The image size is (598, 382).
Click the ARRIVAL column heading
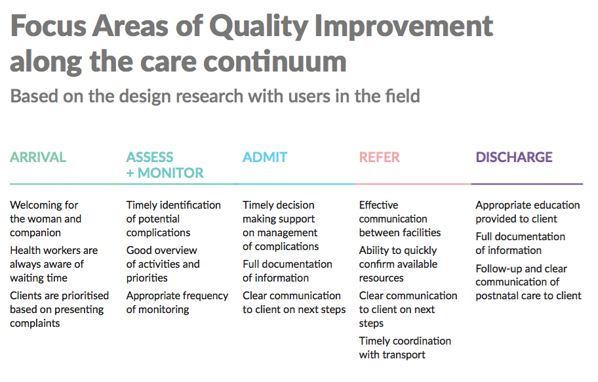(38, 158)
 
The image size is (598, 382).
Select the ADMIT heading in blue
(265, 158)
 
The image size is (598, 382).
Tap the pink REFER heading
(380, 158)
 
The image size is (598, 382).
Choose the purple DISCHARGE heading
(513, 158)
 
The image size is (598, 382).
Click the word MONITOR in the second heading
(170, 173)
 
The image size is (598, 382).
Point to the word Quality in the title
(258, 28)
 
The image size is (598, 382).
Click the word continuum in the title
(275, 62)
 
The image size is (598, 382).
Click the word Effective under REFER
(379, 205)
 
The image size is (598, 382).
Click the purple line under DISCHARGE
(527, 184)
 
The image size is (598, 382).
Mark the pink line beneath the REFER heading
(413, 184)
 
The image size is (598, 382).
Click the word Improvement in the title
(403, 28)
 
